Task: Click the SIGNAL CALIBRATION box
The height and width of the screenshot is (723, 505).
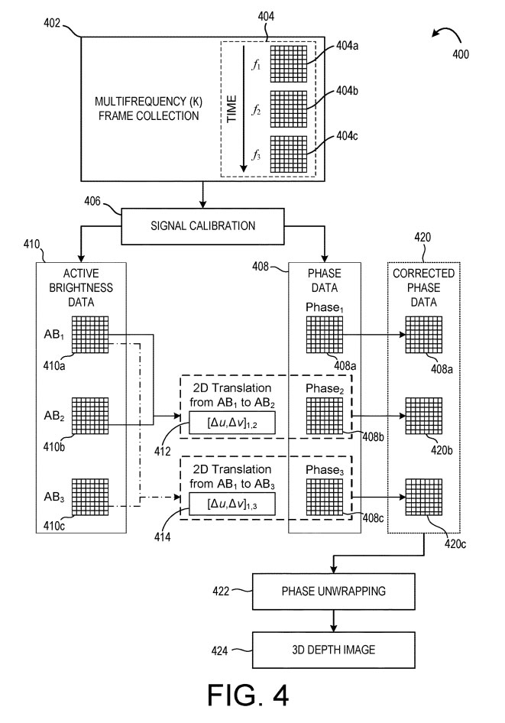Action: (203, 226)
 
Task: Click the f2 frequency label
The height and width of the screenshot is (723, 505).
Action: (257, 109)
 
